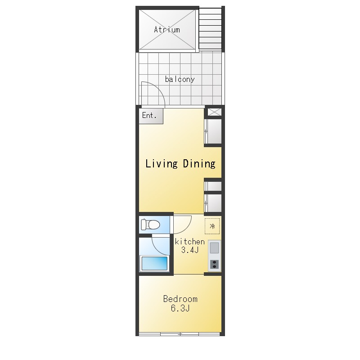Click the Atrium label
tap(167, 30)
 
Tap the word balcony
tap(180, 79)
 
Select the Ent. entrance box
tap(151, 116)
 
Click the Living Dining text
tap(180, 164)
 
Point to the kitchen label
tap(189, 242)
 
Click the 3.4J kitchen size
tap(190, 250)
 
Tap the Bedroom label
tap(180, 299)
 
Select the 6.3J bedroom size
tap(180, 308)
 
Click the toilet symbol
tap(150, 225)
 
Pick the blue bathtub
tap(154, 264)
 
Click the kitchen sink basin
tap(215, 248)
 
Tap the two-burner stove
tap(215, 265)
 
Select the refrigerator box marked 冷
tap(212, 226)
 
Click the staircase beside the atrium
tap(210, 29)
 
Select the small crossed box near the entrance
tap(215, 112)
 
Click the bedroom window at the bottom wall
tap(180, 333)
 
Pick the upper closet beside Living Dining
tap(213, 131)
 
